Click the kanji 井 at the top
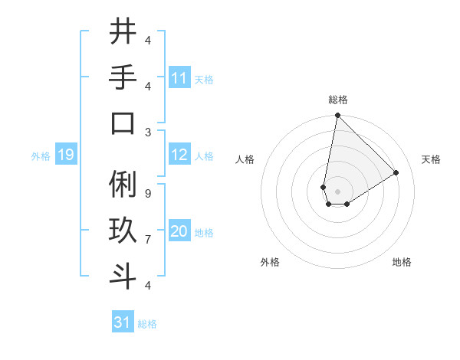coord(123,32)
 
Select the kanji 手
coord(123,77)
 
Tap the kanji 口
coord(123,123)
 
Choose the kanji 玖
coord(123,231)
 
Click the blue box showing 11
coord(179,78)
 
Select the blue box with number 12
coord(179,155)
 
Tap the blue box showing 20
coord(179,232)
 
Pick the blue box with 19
coord(66,155)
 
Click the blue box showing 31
coord(123,322)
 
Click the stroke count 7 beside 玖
coord(148,240)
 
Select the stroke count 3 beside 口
coord(148,131)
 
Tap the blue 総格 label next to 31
coord(147,324)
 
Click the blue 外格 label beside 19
coord(41,156)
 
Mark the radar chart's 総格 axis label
coord(338,100)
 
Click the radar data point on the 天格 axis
coord(396,173)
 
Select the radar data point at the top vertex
coord(337,116)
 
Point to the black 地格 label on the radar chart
coord(402,262)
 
